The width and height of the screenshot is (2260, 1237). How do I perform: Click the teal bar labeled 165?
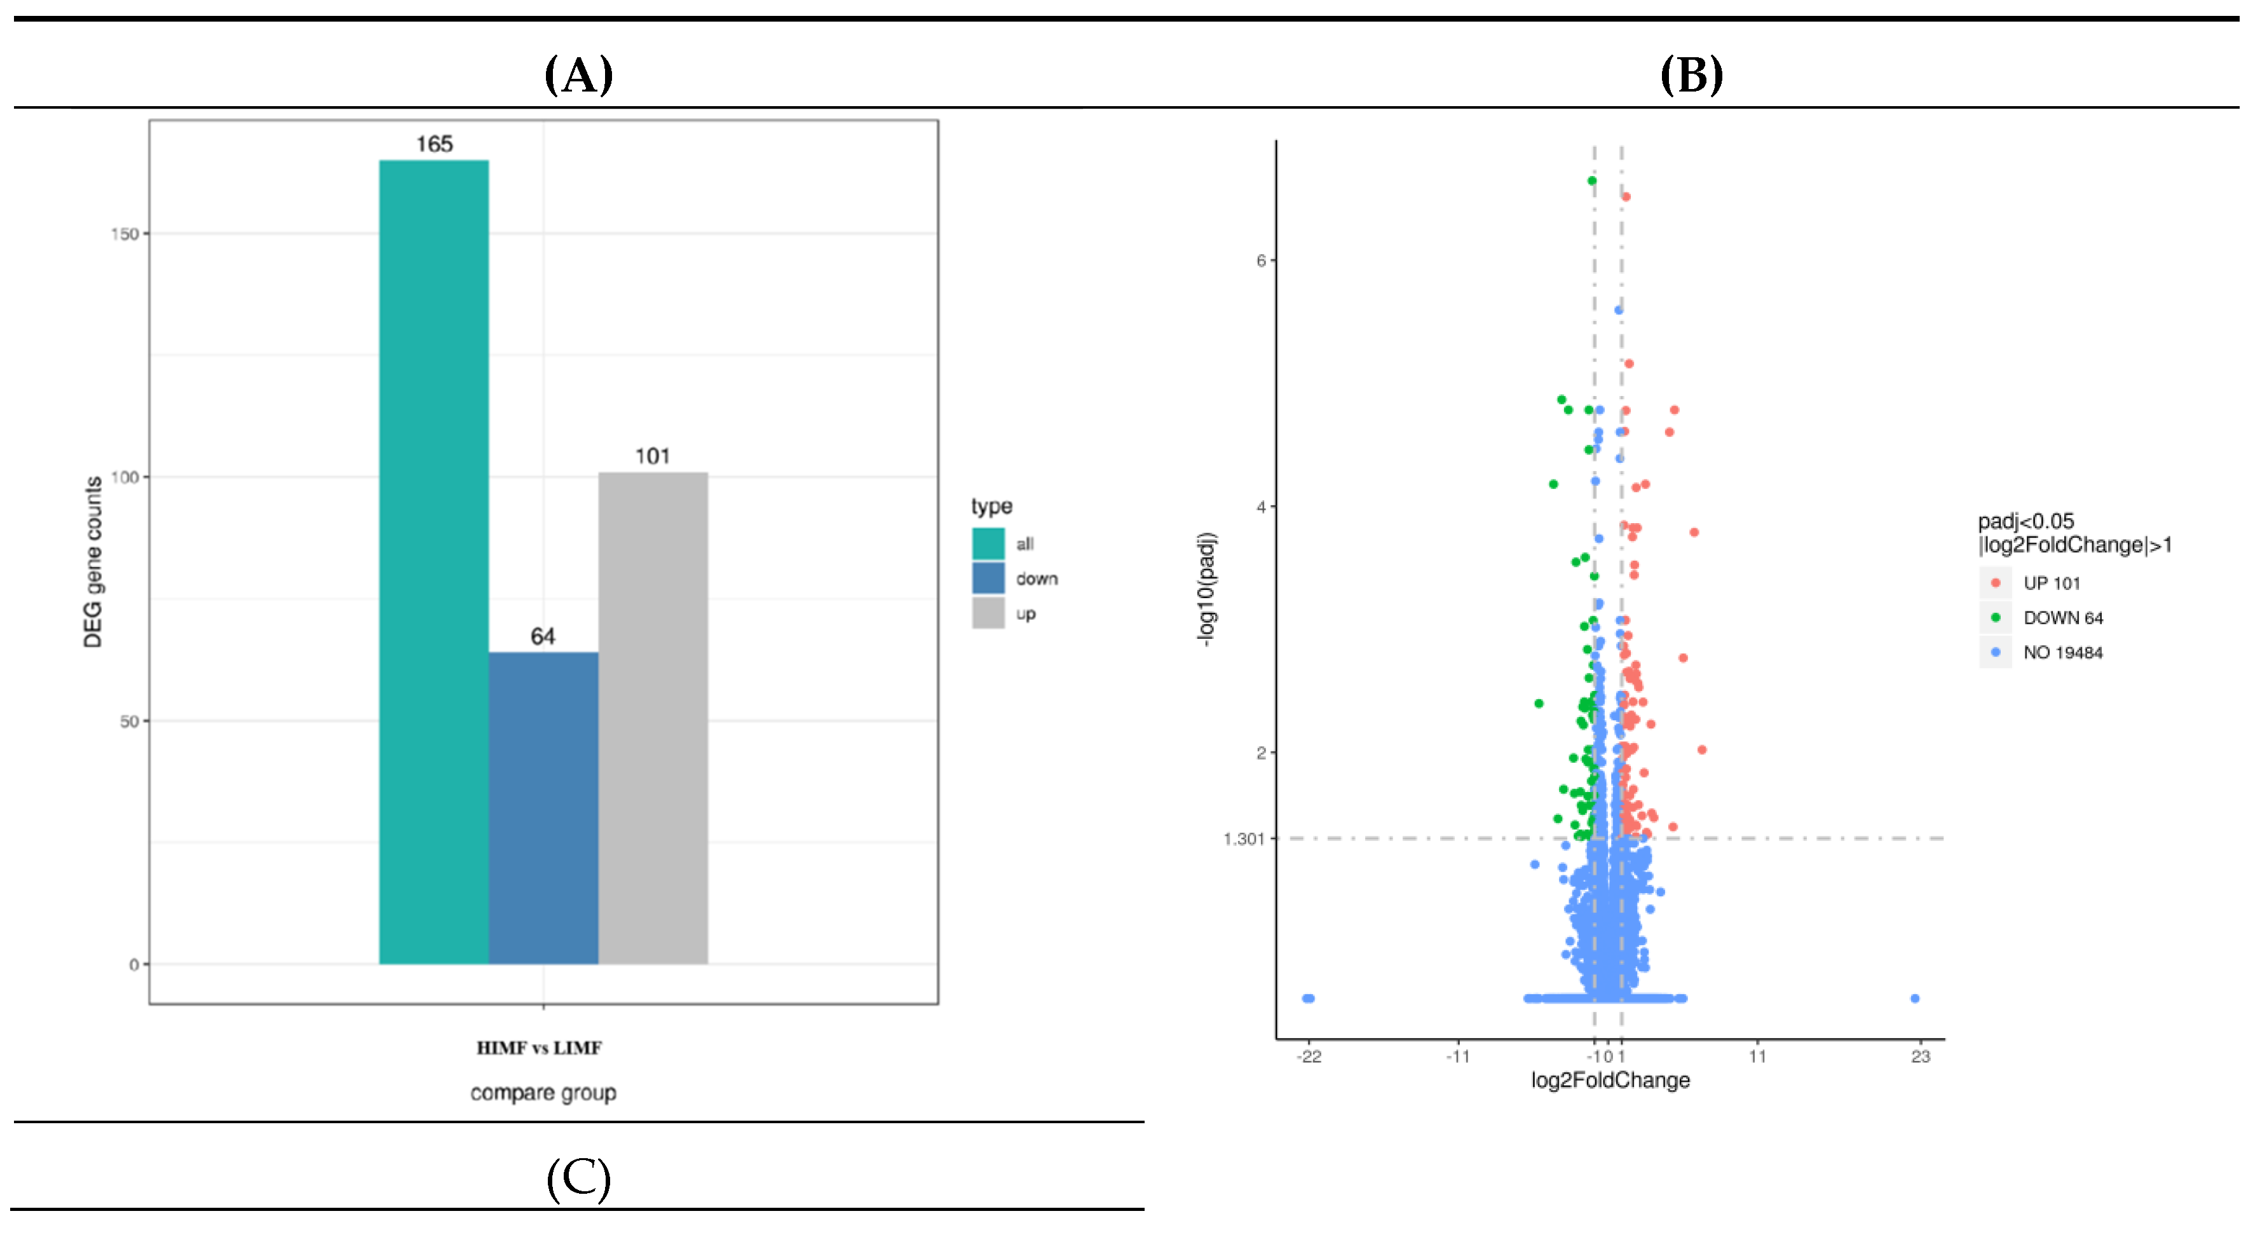[433, 561]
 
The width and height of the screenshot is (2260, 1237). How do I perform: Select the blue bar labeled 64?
[543, 807]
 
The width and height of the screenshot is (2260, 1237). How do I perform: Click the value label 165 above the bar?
[434, 144]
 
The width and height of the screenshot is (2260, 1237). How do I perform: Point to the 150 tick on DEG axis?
[125, 233]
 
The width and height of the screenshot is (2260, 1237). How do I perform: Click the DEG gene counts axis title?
[93, 561]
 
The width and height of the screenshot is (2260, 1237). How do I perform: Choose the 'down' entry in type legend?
[1036, 579]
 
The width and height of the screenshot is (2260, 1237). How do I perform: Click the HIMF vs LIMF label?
[539, 1048]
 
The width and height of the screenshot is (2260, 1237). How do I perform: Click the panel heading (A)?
[578, 76]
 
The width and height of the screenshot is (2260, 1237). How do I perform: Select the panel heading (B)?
[1691, 76]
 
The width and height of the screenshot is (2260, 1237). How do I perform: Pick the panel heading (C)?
[578, 1179]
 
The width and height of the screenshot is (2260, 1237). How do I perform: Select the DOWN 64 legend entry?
[2062, 618]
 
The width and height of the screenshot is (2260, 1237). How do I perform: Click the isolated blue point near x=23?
[1914, 999]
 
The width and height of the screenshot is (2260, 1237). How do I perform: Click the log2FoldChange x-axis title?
[1610, 1080]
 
